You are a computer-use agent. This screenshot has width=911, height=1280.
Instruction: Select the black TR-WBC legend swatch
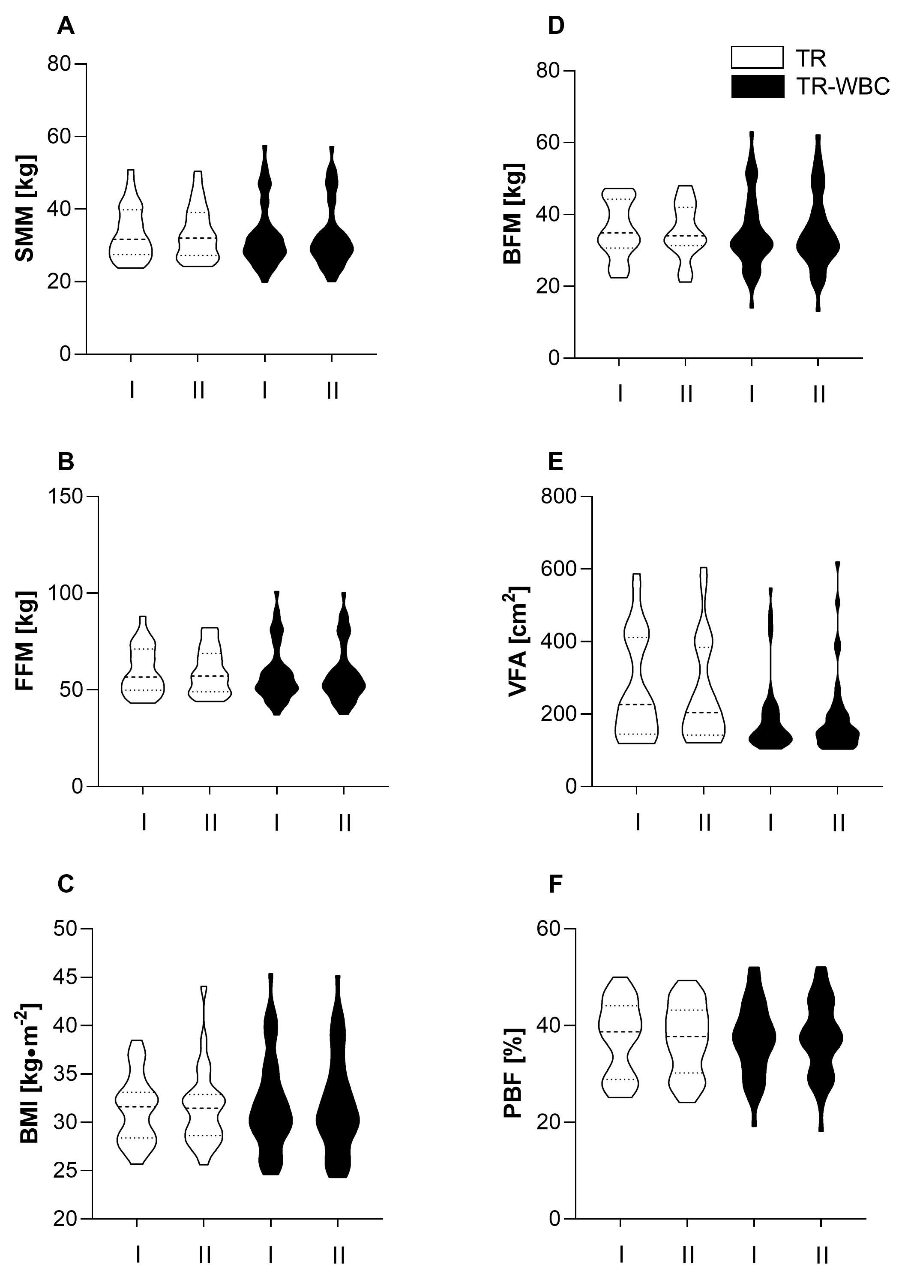[757, 87]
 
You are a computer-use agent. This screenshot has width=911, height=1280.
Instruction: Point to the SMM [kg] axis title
[25, 209]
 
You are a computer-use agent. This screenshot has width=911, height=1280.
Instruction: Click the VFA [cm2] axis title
[518, 641]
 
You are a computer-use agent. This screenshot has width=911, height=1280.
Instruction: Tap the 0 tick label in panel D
[555, 358]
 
